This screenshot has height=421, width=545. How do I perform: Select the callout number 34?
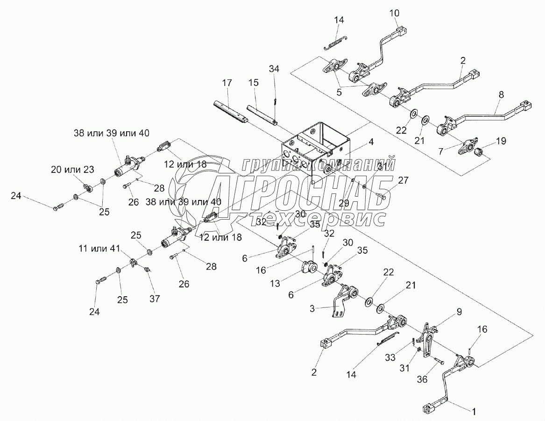(274, 69)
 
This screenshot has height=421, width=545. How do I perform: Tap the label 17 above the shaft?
(227, 83)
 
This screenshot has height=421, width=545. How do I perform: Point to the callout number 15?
(254, 83)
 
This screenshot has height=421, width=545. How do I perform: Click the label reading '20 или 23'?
(71, 170)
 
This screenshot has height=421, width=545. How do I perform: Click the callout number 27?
(403, 181)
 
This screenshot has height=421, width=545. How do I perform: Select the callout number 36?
(422, 380)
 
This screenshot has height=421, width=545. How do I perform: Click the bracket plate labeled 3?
(338, 306)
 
